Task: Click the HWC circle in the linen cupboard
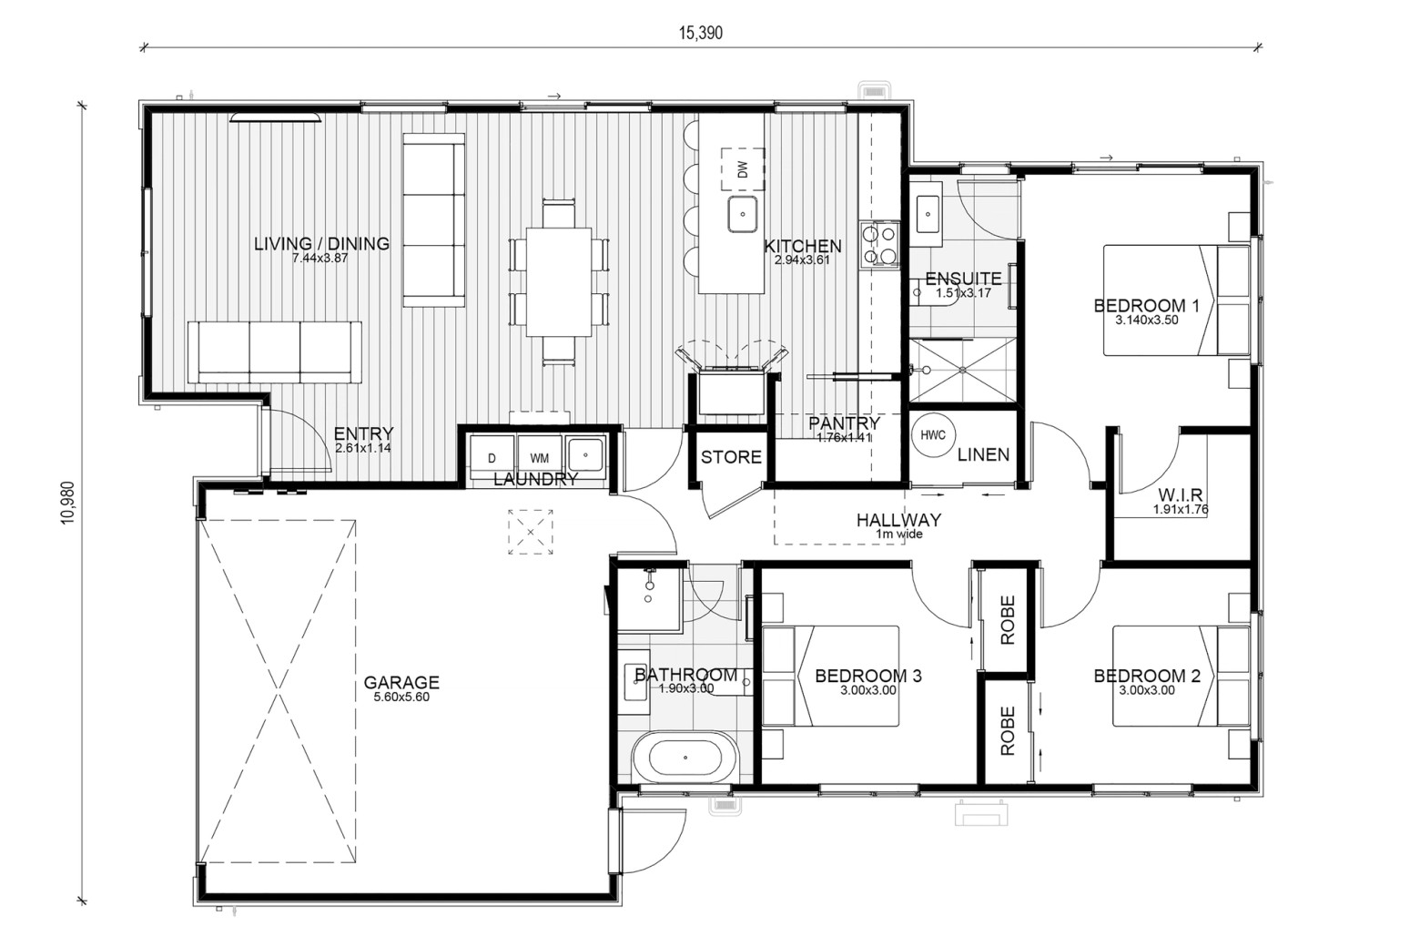932,435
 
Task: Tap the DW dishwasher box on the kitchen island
743,169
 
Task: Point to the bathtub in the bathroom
685,759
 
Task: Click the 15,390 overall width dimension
701,33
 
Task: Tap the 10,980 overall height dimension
68,503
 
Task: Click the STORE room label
731,457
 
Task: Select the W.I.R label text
1180,494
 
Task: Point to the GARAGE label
401,683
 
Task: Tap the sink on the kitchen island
743,214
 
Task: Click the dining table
559,282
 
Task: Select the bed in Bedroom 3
830,677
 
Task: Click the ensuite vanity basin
928,214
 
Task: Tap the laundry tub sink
586,454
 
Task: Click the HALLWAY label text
899,521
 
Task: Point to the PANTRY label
845,423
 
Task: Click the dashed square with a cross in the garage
531,532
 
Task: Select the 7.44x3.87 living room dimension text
320,259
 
